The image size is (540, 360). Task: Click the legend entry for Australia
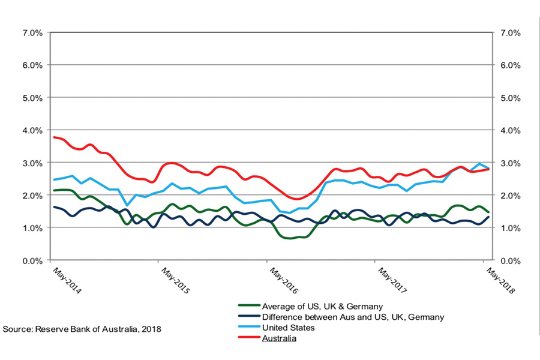click(x=279, y=338)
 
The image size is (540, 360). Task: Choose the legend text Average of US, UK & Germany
click(x=322, y=307)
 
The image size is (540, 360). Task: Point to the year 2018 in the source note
click(x=152, y=329)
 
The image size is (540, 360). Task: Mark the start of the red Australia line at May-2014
click(x=54, y=137)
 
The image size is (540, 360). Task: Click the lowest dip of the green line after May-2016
click(x=291, y=238)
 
